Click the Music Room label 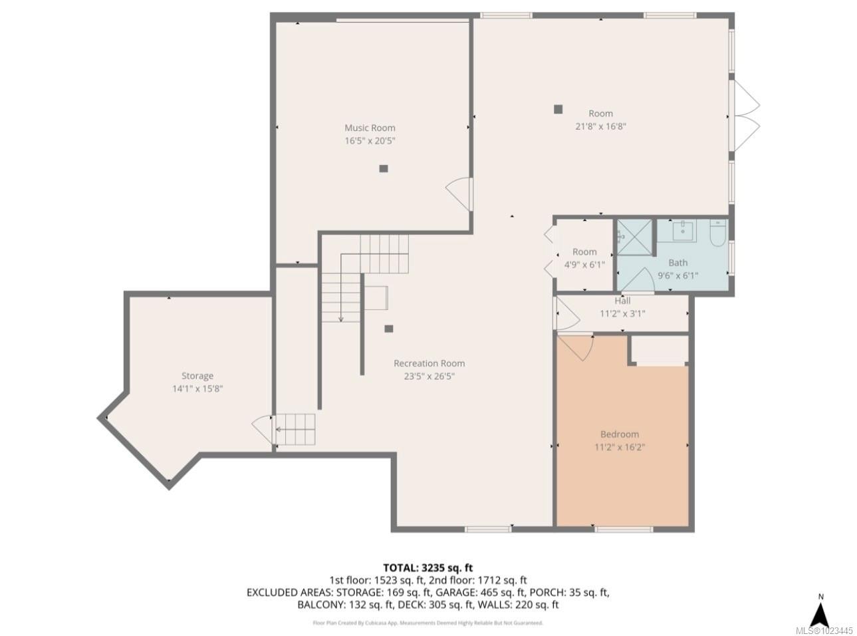370,128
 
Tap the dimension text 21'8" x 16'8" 600,126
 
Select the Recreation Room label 429,363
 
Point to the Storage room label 197,376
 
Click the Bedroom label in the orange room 620,434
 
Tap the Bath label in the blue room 677,263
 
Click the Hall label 622,301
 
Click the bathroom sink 683,231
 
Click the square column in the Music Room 383,169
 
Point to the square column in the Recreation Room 389,328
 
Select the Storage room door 263,430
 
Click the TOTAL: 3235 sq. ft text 428,567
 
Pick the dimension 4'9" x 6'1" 584,264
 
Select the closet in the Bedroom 659,350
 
